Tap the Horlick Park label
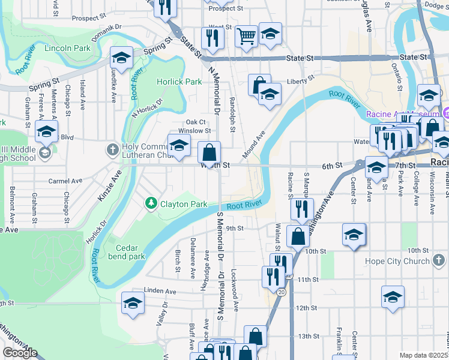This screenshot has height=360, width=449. pos(179,82)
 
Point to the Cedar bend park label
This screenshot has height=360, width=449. pos(127,252)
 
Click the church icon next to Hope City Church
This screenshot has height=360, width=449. pos(439,260)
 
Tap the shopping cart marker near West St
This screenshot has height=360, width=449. pos(246,37)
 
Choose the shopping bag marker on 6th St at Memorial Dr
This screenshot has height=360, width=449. pos(209,152)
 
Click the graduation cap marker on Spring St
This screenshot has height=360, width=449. pos(122,58)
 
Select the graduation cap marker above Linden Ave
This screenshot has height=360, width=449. pos(133,302)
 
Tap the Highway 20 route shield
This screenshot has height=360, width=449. pos(280,292)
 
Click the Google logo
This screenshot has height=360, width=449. pos(20,353)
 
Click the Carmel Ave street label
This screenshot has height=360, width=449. pos(65,181)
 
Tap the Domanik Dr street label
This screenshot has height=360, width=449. pos(106,28)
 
